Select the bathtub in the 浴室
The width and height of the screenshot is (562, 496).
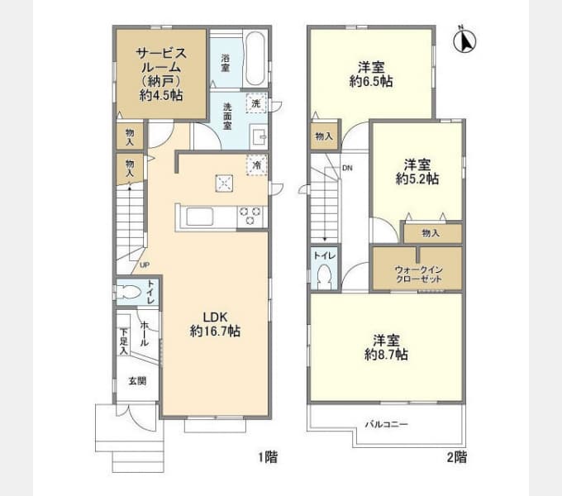255,60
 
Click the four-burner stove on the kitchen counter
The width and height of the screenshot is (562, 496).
250,217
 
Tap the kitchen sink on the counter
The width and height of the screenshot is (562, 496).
202,217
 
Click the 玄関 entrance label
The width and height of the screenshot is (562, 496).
136,381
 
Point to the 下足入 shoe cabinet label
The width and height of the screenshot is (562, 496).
123,341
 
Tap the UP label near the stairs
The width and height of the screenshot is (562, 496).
145,265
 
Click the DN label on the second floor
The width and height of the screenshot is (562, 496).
347,168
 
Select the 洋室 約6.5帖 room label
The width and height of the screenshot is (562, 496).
371,74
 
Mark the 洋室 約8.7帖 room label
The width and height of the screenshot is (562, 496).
387,347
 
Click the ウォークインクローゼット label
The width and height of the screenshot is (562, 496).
417,274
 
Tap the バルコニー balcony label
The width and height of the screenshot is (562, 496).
387,424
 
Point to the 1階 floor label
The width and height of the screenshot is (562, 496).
266,456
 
